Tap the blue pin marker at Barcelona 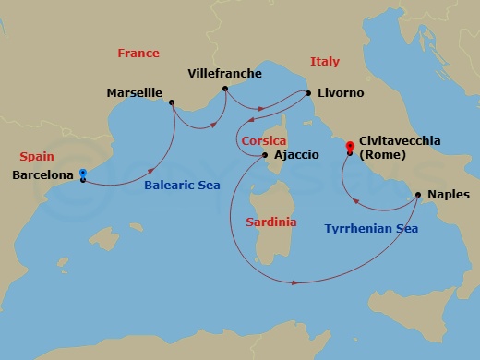pos(83,173)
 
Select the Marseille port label pos(135,93)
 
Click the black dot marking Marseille pos(172,102)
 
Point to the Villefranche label pos(224,73)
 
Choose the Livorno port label pos(340,94)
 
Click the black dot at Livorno pos(307,93)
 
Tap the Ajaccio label pos(296,155)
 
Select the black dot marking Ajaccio pos(265,155)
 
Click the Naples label pos(450,195)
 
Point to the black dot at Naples pos(419,195)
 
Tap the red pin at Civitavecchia pos(349,146)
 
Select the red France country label pos(138,54)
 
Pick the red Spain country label pos(35,157)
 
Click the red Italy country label pos(324,61)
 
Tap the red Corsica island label pos(263,140)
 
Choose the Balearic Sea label pos(181,185)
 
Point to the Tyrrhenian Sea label pos(368,228)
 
